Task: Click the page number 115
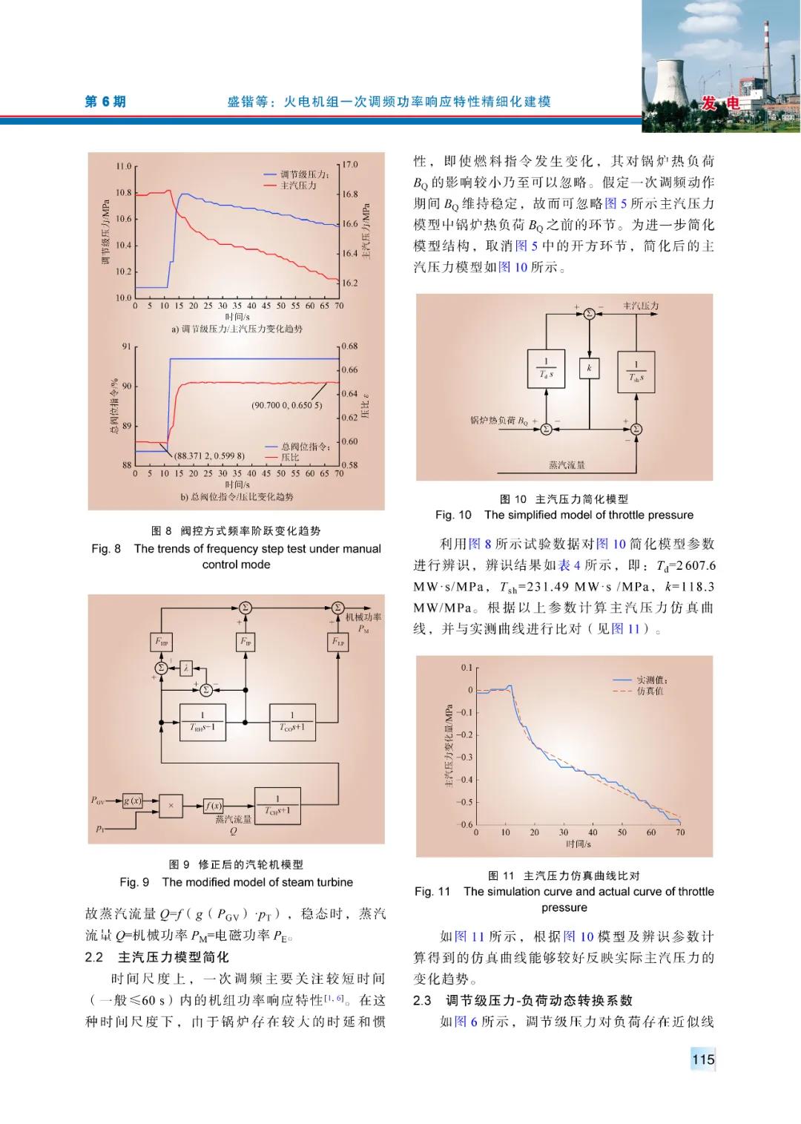tap(702, 1059)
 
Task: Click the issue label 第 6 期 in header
tap(105, 102)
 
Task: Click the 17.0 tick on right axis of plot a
tap(349, 165)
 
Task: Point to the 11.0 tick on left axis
tap(123, 166)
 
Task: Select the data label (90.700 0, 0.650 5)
tap(287, 405)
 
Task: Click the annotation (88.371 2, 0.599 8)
tap(209, 456)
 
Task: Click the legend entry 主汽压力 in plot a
tap(298, 185)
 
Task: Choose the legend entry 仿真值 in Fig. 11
tap(650, 691)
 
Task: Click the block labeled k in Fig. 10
tap(589, 368)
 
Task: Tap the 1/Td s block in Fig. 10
tap(546, 368)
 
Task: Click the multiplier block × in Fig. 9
tap(171, 805)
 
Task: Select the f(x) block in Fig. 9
tap(214, 806)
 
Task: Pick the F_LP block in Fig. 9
tap(338, 642)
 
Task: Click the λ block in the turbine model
tap(186, 668)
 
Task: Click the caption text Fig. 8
tap(106, 548)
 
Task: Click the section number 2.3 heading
tap(422, 1000)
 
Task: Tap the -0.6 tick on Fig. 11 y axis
tap(465, 824)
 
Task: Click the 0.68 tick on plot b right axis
tap(349, 346)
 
